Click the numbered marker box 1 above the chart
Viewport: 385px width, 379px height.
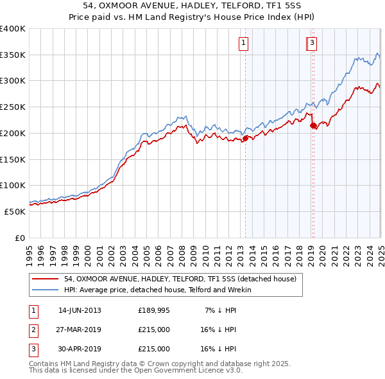click(244, 43)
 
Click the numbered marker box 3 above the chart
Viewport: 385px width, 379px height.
click(312, 43)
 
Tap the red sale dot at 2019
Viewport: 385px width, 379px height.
click(313, 126)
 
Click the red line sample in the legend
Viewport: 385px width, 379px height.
click(45, 279)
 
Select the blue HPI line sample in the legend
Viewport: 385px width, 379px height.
click(45, 290)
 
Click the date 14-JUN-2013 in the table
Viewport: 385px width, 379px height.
click(80, 311)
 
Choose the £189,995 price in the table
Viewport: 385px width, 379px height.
click(153, 311)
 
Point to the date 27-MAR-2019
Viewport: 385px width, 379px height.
click(80, 330)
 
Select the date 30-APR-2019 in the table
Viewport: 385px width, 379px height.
click(80, 349)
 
